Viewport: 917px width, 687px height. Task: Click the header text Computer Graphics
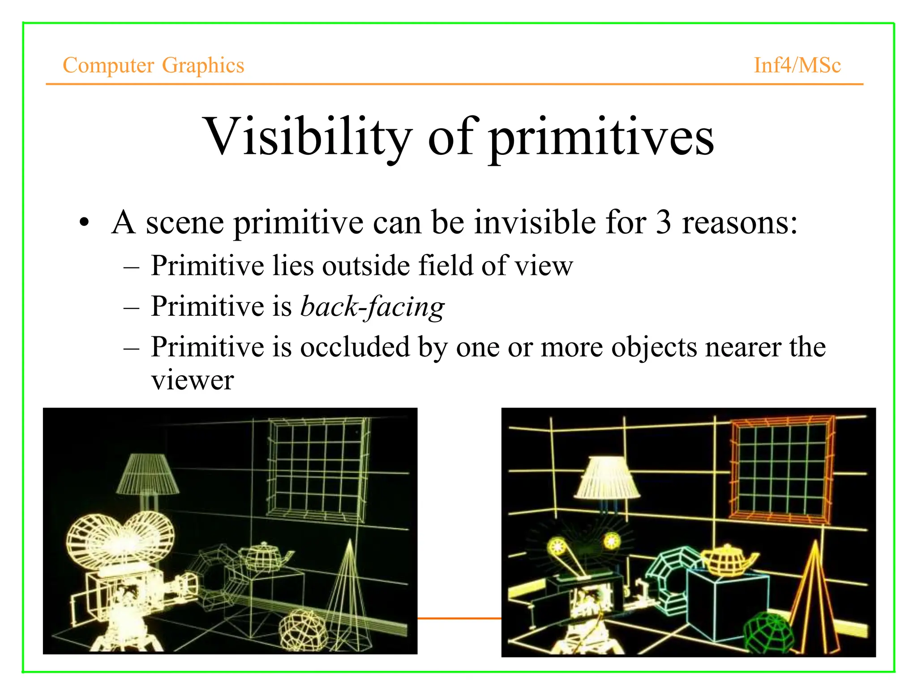153,65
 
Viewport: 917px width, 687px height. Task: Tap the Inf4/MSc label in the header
797,65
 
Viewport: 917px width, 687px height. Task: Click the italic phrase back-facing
372,307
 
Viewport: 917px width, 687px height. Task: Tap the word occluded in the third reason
355,347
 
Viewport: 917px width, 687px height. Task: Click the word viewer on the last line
192,381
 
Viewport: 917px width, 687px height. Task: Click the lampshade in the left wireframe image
147,474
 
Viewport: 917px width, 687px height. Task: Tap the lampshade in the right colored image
607,479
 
